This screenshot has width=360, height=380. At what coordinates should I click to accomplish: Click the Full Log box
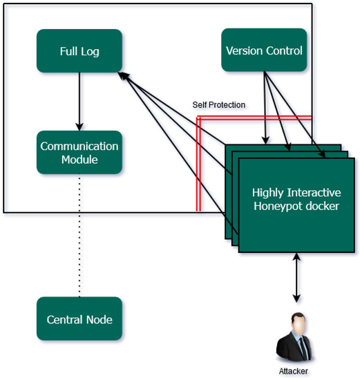[x=79, y=50]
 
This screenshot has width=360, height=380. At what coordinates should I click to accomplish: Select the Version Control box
[x=264, y=50]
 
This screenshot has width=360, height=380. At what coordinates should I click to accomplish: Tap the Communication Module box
[x=79, y=153]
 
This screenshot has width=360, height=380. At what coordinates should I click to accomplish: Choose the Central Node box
[x=79, y=319]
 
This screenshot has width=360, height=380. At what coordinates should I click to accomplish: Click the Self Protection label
[x=218, y=105]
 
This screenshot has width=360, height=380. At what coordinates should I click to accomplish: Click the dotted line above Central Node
[x=79, y=235]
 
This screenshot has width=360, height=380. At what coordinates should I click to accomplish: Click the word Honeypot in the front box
[x=272, y=205]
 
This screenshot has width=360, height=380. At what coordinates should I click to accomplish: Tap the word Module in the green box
[x=79, y=160]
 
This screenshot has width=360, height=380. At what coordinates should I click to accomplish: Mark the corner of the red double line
[x=198, y=117]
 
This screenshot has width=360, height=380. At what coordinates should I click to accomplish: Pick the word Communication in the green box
[x=79, y=146]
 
